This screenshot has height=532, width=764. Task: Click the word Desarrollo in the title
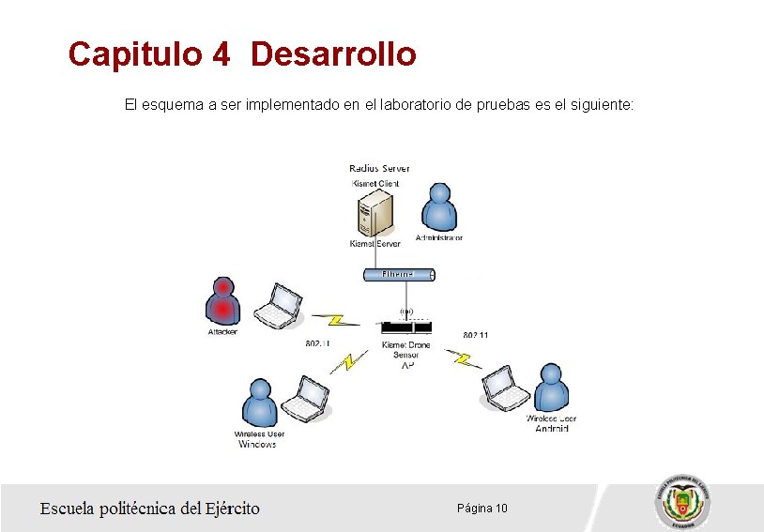click(x=333, y=54)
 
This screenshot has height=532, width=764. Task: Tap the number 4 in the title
click(x=221, y=54)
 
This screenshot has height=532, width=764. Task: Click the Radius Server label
click(x=379, y=169)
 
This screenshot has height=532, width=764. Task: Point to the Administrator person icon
click(x=438, y=208)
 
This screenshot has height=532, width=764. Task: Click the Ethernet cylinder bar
click(x=399, y=274)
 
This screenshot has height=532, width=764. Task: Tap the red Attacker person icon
click(x=222, y=301)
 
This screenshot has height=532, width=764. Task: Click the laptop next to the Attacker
click(x=279, y=305)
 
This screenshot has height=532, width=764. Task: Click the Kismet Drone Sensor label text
click(x=406, y=350)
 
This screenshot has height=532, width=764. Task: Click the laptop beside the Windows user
click(x=308, y=400)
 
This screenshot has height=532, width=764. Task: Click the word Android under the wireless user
click(x=552, y=429)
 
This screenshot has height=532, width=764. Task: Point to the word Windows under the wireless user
click(x=257, y=445)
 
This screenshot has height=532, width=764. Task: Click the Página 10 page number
click(x=482, y=509)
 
